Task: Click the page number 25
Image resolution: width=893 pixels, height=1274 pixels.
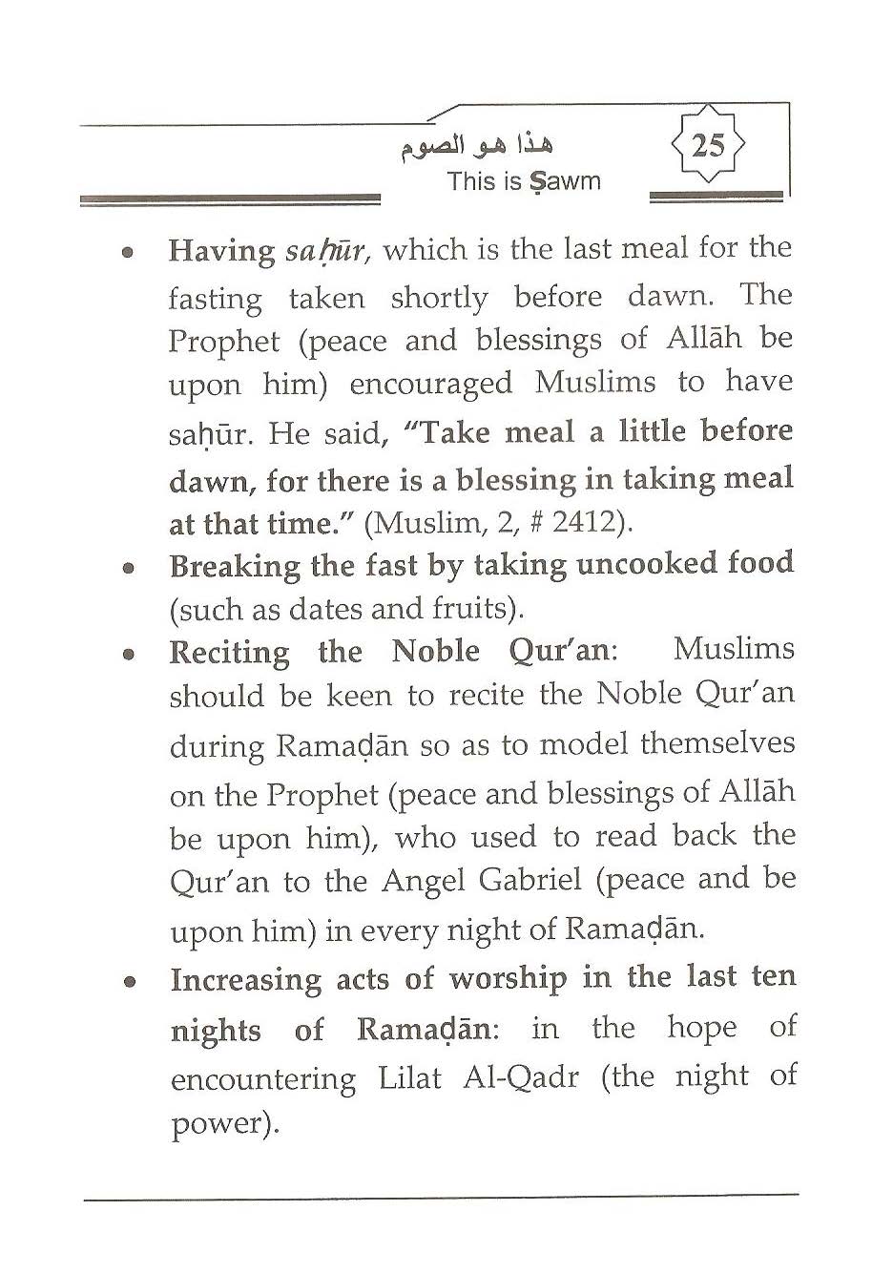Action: [707, 146]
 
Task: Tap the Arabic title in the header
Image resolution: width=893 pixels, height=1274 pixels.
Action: [475, 145]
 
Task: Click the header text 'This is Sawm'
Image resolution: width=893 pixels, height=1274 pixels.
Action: [524, 181]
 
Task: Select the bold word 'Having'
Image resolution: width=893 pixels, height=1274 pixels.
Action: [221, 251]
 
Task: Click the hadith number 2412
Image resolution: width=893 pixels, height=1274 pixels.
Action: [590, 523]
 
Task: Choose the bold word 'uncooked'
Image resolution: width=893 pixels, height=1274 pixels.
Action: [647, 564]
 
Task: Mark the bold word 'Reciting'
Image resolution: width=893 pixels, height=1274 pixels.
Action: [229, 654]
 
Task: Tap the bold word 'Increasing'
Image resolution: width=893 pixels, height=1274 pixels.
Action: [245, 981]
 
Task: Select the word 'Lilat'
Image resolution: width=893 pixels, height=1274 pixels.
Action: [410, 1078]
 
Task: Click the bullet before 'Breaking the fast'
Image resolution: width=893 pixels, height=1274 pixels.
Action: [127, 567]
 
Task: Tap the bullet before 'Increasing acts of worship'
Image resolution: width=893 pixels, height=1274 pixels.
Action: [127, 982]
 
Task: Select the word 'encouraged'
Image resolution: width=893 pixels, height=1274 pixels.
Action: [430, 385]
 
